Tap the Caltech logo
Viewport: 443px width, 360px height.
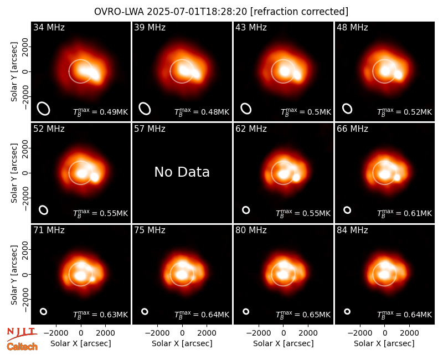22,347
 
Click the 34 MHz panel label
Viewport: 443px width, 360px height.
49,27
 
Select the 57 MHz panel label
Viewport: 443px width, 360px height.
150,129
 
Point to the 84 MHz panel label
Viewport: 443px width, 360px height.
352,230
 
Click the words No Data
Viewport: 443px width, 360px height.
182,172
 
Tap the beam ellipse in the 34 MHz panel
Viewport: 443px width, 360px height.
44,109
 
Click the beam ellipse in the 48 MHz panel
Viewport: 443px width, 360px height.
347,109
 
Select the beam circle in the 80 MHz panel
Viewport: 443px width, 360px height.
246,311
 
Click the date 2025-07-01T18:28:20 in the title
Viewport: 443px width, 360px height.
197,12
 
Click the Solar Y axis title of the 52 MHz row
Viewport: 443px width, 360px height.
14,173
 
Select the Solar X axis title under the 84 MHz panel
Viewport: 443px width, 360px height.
384,343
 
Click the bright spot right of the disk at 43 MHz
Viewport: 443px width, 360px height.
297,75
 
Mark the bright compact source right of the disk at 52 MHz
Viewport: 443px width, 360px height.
95,177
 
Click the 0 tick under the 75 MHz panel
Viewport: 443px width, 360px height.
182,333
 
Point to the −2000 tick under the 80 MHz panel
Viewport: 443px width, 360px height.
259,333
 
